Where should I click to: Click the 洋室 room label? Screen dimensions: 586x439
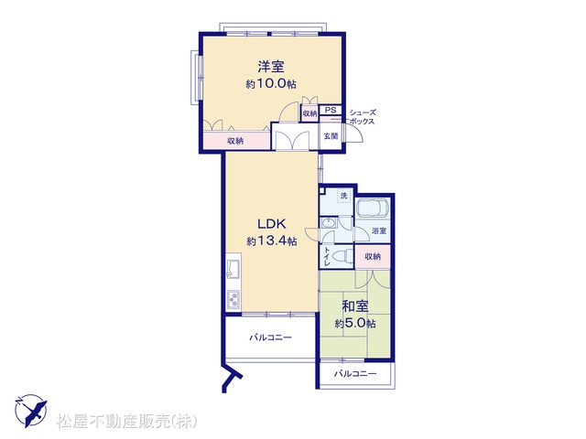271,67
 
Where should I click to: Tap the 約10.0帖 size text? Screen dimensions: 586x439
271,83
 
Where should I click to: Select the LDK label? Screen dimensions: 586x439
272,224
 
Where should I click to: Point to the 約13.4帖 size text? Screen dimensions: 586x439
272,241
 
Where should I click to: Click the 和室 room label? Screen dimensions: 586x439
355,306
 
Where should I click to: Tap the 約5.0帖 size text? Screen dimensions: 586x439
355,323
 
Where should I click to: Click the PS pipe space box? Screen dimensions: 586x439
331,110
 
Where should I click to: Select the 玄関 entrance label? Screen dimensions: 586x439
331,136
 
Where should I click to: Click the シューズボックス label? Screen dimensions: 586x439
362,117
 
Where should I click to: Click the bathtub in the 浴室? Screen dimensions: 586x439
373,210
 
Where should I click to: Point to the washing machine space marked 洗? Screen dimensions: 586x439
344,196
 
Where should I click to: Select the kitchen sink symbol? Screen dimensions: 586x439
233,269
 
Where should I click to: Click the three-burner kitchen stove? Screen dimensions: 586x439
233,299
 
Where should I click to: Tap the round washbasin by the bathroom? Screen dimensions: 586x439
329,223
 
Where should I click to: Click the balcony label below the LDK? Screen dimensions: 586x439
271,337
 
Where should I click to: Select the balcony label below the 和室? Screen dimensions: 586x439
355,373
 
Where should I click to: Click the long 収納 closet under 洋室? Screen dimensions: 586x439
236,140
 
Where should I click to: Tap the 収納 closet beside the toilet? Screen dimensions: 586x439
373,256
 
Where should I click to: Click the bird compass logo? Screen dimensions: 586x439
31,411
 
